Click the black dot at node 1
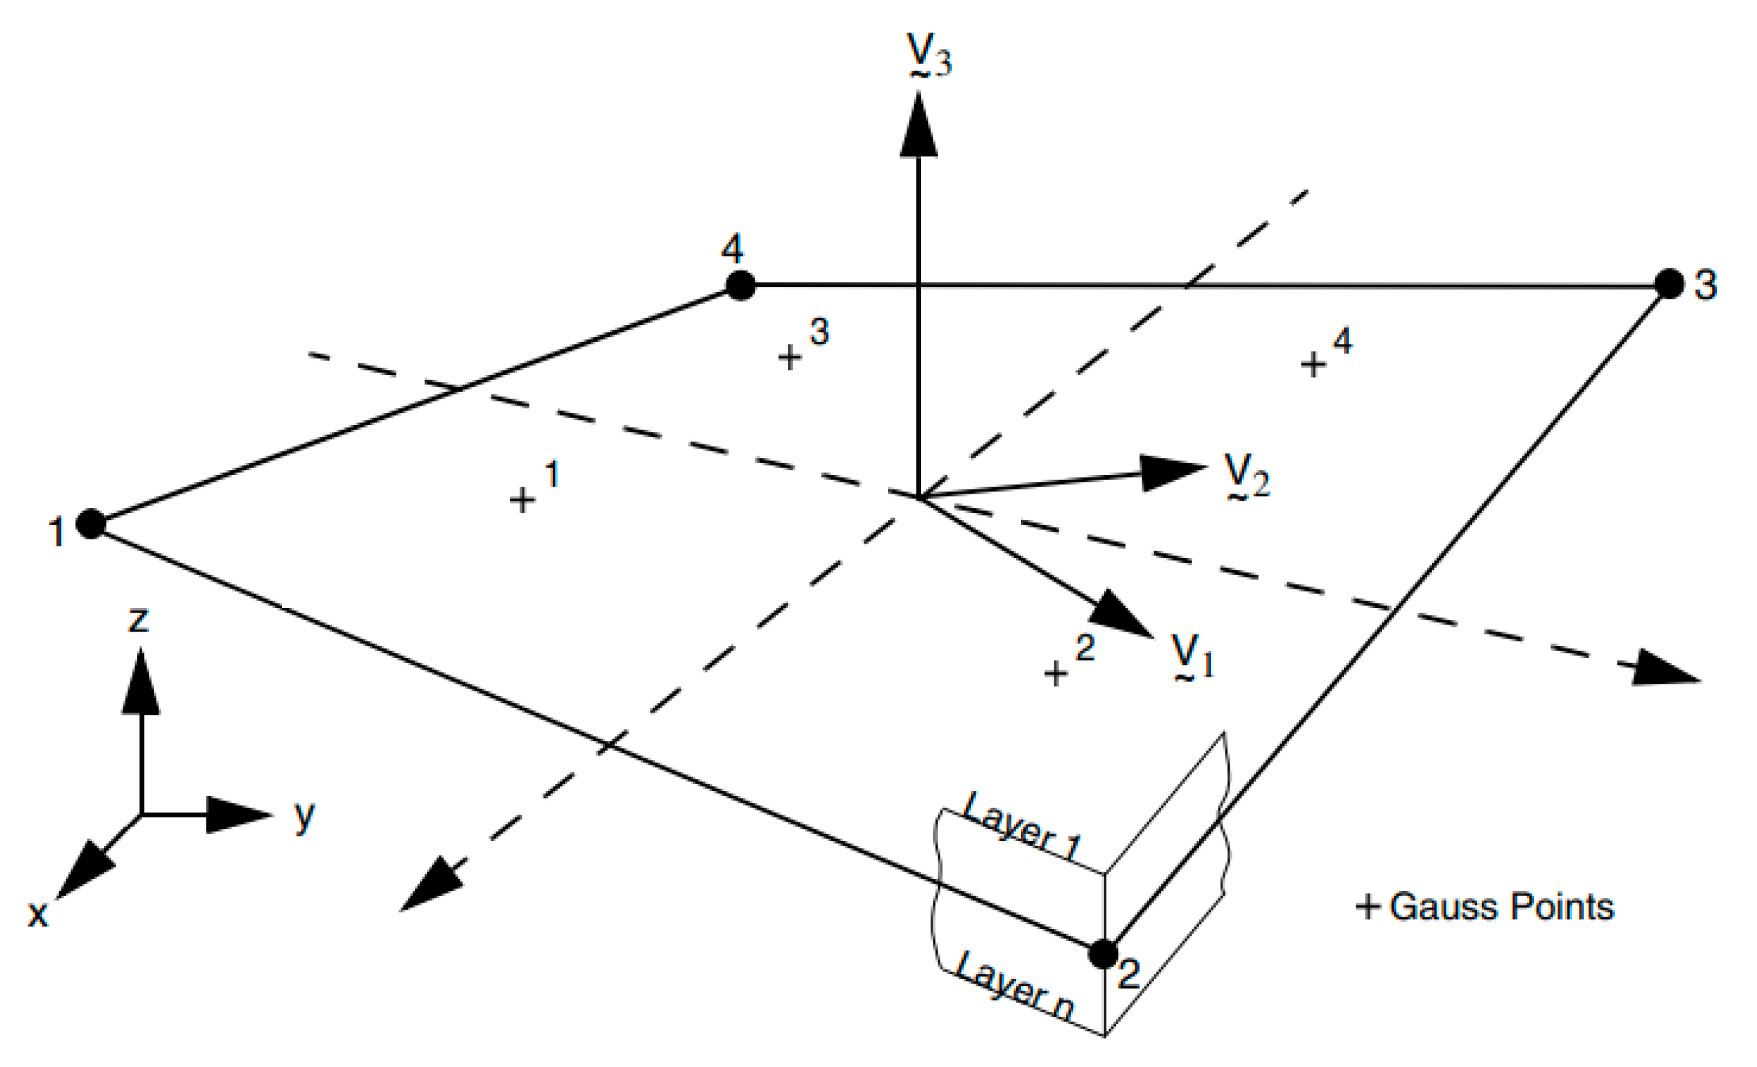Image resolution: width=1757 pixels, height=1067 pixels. [x=91, y=523]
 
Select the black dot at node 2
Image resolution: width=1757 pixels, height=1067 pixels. [x=1103, y=953]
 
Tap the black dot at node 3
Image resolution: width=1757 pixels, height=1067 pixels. [x=1668, y=284]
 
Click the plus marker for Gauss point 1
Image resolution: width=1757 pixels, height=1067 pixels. [x=522, y=500]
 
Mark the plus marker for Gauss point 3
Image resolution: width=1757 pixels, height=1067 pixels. [x=789, y=357]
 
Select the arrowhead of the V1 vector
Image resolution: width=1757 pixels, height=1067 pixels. [x=1123, y=614]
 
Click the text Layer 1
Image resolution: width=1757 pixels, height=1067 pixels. [x=1021, y=826]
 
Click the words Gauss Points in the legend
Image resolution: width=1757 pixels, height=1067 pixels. [x=1501, y=907]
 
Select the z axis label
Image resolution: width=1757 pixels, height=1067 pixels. [x=139, y=619]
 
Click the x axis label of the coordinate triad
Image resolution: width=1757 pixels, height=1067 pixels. [x=37, y=914]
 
